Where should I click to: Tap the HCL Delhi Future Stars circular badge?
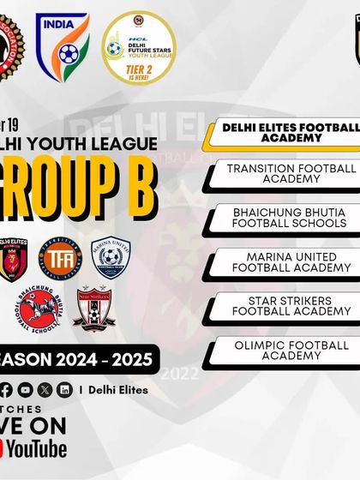138,47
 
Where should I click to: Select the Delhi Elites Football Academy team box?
285,133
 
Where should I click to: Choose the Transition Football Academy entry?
285,173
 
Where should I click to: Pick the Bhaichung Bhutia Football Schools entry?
285,217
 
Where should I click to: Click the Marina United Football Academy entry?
285,261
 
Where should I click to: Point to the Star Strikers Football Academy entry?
285,305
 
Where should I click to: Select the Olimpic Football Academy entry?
285,350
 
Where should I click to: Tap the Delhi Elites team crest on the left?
15,257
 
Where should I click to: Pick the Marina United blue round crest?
111,256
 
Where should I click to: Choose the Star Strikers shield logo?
93,310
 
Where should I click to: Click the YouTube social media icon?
25,389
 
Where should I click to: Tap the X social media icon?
45,389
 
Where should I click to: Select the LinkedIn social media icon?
64,389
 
